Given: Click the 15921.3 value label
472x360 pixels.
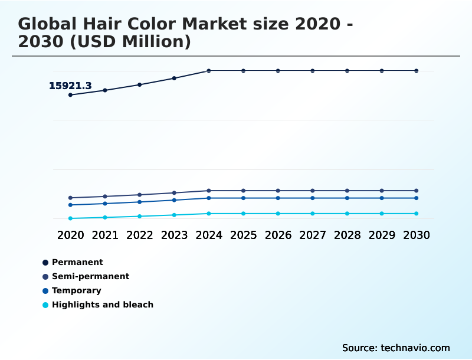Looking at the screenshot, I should pyautogui.click(x=70, y=86).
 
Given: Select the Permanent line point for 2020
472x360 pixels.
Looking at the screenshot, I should pyautogui.click(x=71, y=94).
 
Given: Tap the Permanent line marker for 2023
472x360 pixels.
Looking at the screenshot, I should pyautogui.click(x=174, y=78).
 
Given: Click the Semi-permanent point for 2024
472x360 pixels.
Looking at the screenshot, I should pyautogui.click(x=209, y=191).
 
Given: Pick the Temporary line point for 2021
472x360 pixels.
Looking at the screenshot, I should pyautogui.click(x=105, y=204).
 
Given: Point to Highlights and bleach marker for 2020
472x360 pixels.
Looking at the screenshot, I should pyautogui.click(x=71, y=218).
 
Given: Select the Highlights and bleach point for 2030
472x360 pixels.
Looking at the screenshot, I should pyautogui.click(x=416, y=214).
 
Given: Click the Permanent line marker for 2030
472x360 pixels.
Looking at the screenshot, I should pyautogui.click(x=416, y=71).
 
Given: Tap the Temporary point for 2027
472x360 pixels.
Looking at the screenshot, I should pyautogui.click(x=313, y=198).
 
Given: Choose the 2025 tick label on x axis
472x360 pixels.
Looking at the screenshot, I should pyautogui.click(x=243, y=235).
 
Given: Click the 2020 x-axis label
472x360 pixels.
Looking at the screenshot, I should pyautogui.click(x=71, y=235).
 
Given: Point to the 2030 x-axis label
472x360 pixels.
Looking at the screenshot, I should pyautogui.click(x=416, y=235).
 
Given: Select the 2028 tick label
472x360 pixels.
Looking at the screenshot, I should pyautogui.click(x=347, y=235).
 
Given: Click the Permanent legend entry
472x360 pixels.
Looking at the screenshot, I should pyautogui.click(x=77, y=262).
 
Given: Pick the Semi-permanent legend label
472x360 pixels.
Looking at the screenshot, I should pyautogui.click(x=90, y=276).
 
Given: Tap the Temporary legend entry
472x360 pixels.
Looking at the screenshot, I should pyautogui.click(x=77, y=290).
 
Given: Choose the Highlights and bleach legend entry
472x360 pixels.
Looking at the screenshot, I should pyautogui.click(x=103, y=305).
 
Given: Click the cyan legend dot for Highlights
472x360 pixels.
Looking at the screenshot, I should pyautogui.click(x=45, y=305).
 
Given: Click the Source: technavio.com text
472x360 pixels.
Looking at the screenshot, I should pyautogui.click(x=396, y=348).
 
